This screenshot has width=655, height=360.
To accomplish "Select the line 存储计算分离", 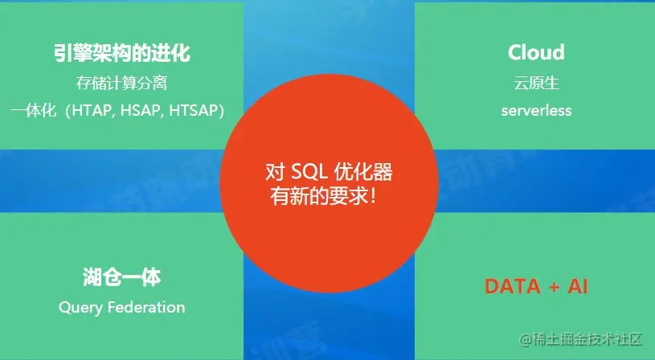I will (x=121, y=83).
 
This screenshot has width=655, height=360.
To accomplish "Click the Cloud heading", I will (x=536, y=53).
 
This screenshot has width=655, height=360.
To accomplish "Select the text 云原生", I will (x=536, y=83).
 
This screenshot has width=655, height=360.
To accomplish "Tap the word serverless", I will (x=536, y=110).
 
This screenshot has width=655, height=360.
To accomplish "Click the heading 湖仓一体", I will (x=121, y=278).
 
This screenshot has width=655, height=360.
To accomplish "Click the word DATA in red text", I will (x=511, y=286).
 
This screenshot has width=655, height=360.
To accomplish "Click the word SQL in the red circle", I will (x=309, y=172).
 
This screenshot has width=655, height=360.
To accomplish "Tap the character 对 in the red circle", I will (x=275, y=172).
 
